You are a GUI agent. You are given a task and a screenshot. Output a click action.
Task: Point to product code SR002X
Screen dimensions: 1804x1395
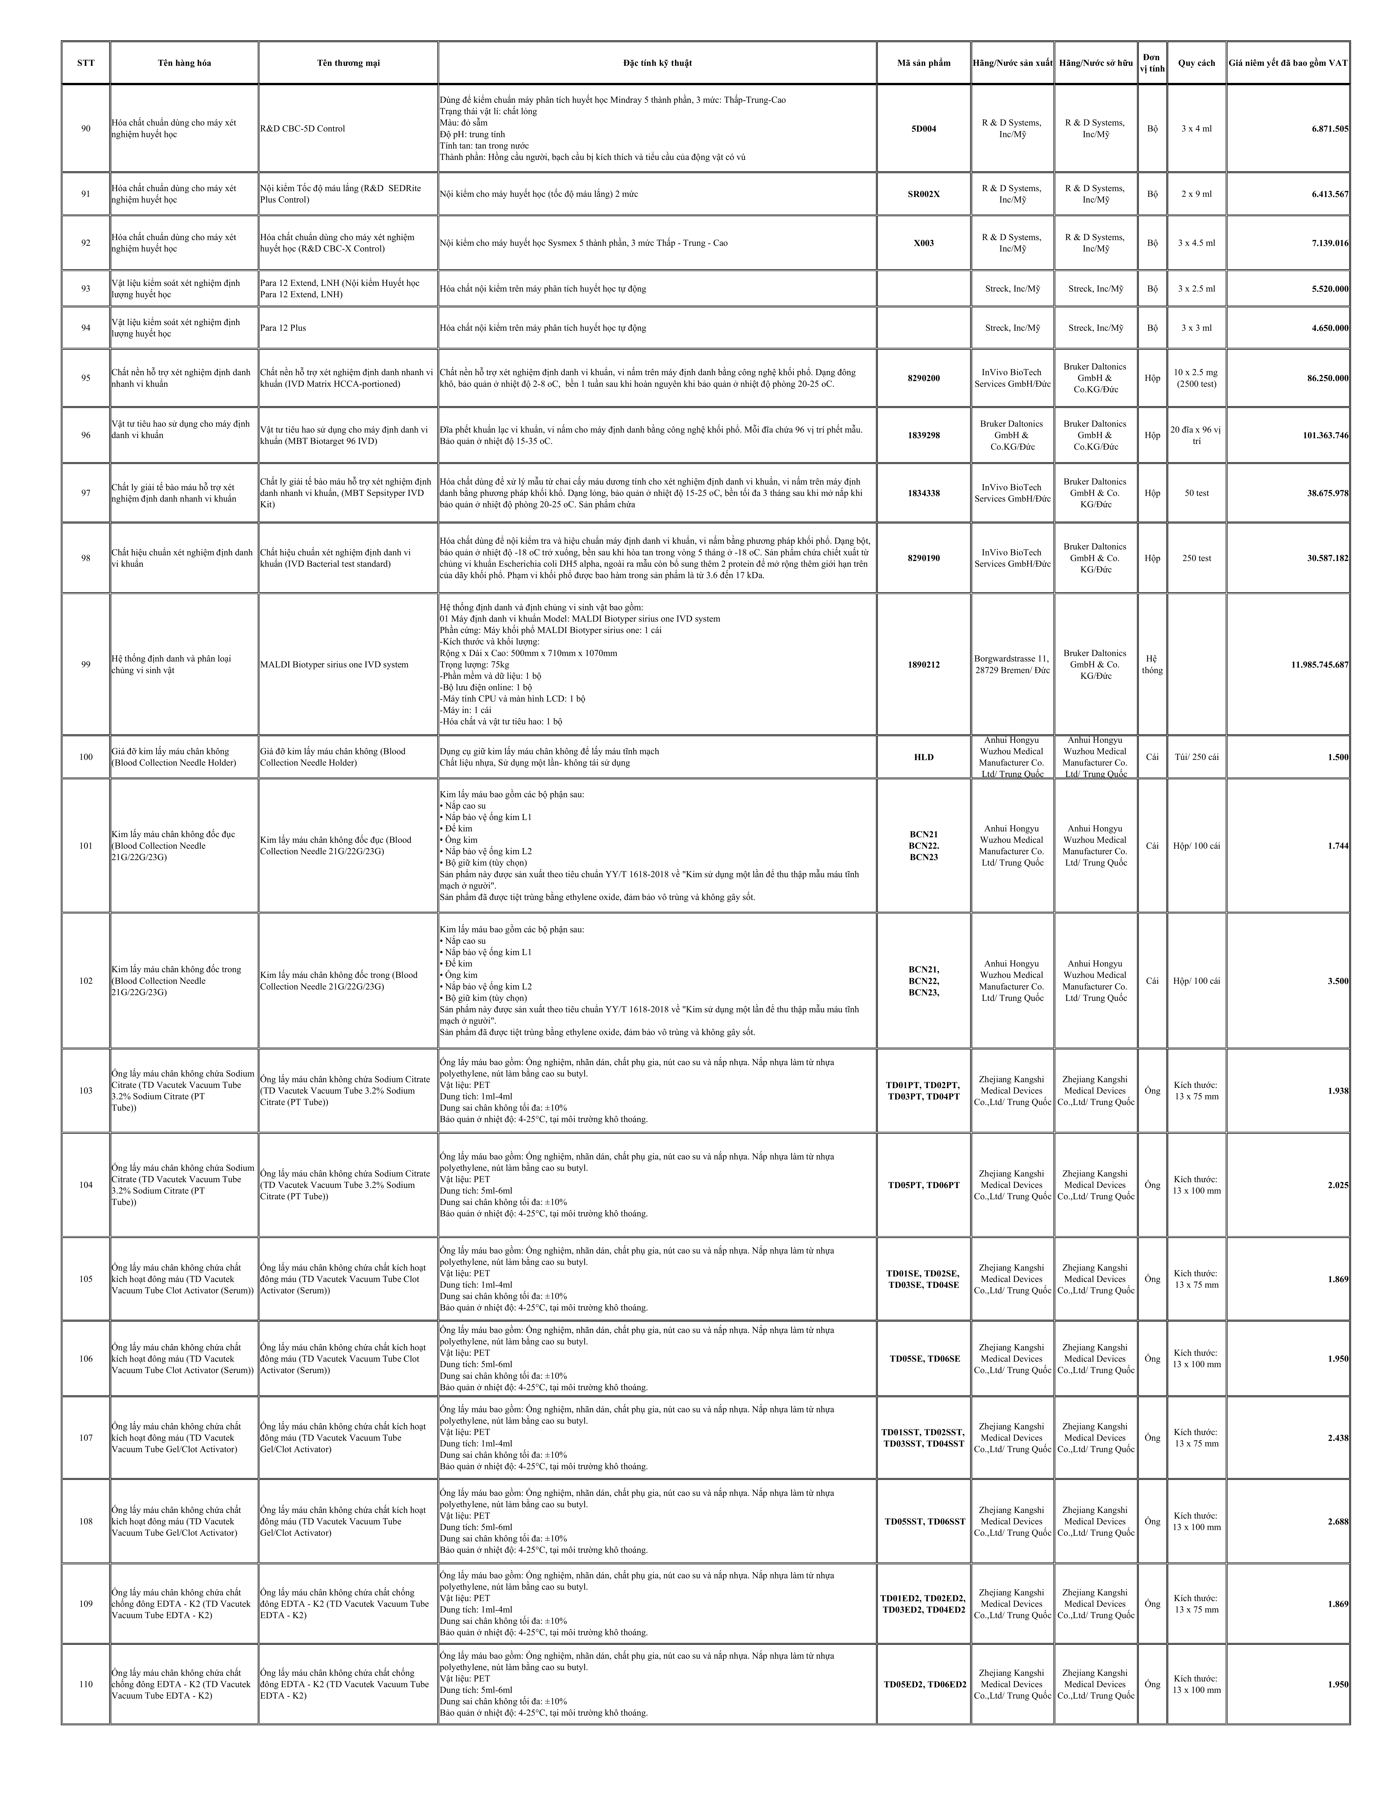924,194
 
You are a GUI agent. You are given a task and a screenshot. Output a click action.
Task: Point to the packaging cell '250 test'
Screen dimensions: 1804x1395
1196,558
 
